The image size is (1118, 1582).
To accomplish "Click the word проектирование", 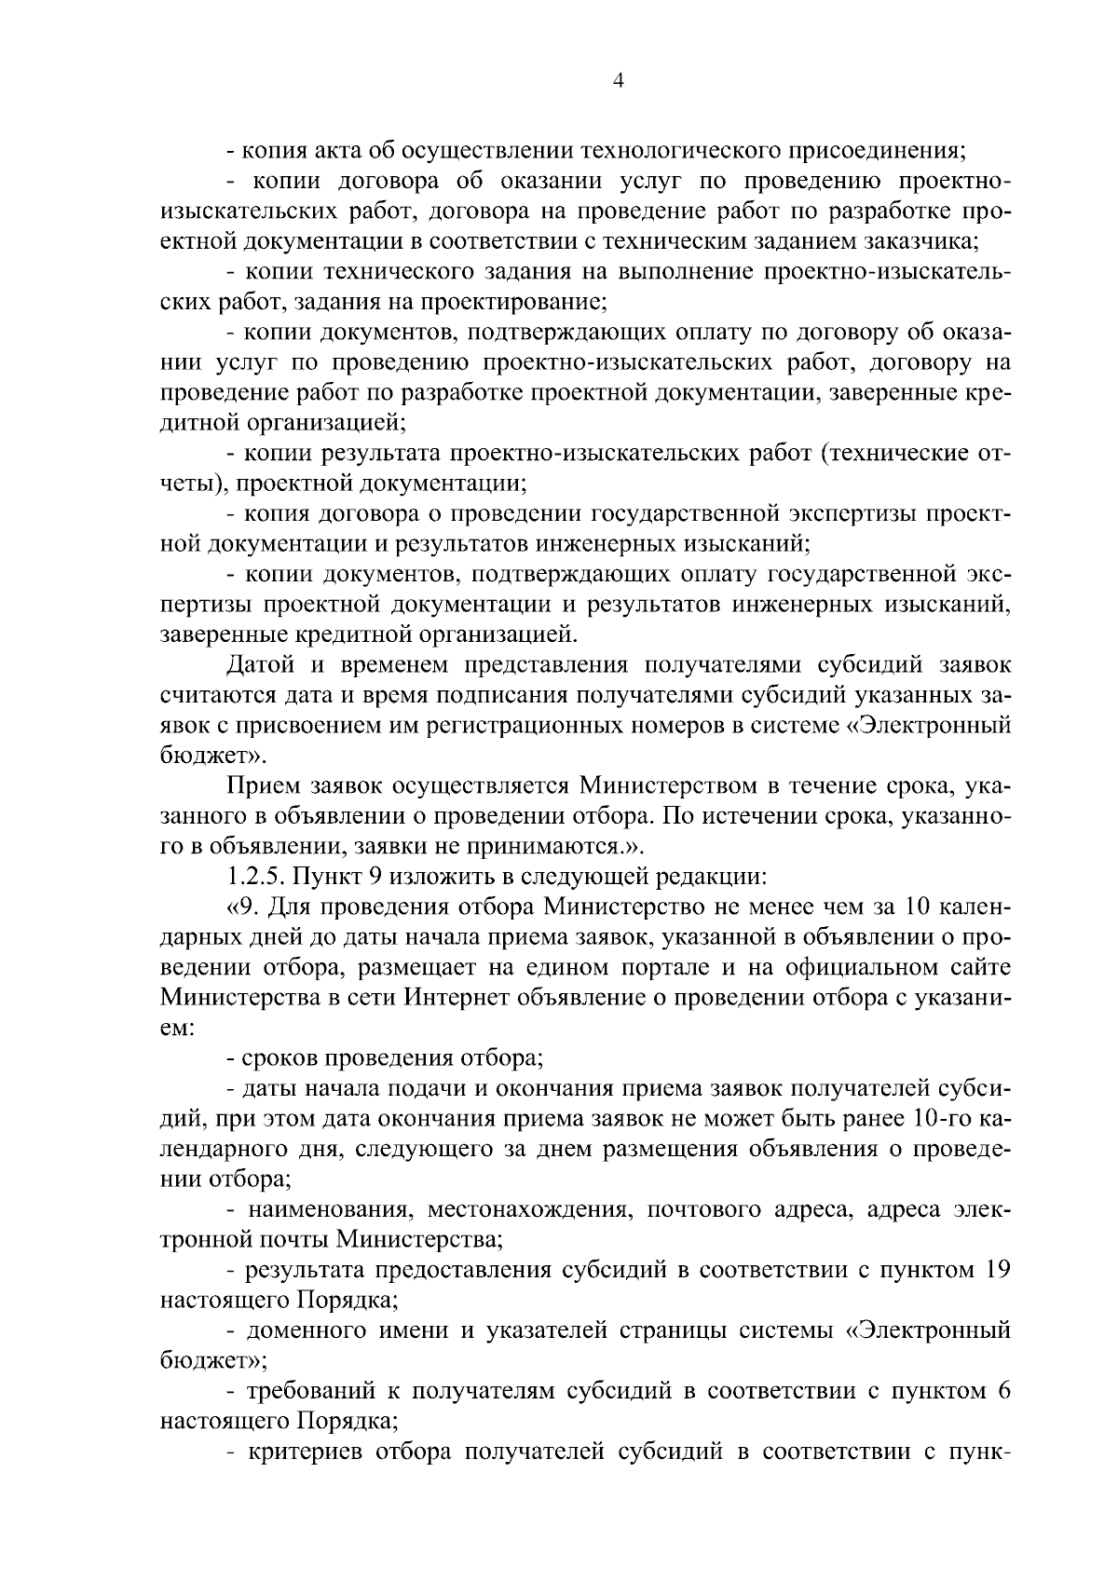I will pos(512,302).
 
